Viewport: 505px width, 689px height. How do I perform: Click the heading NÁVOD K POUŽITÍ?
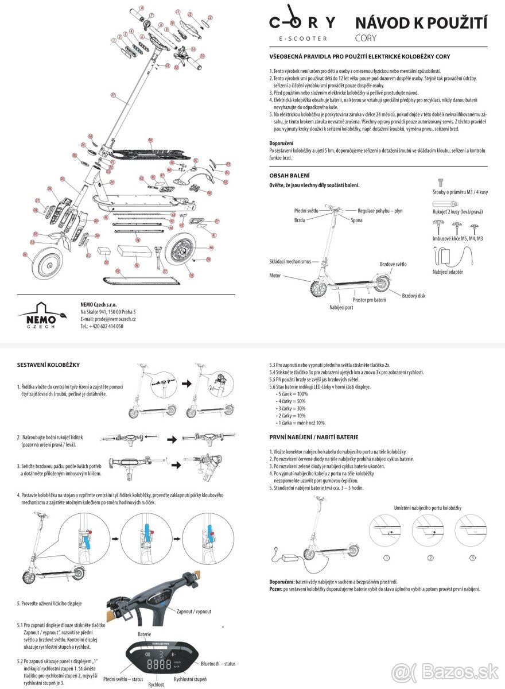pyautogui.click(x=421, y=23)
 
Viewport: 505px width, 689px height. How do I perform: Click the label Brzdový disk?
pyautogui.click(x=413, y=296)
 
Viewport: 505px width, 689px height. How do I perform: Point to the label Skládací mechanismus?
pyautogui.click(x=290, y=261)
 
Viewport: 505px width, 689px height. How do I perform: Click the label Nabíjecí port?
pyautogui.click(x=341, y=307)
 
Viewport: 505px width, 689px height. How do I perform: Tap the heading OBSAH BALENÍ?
pyautogui.click(x=290, y=175)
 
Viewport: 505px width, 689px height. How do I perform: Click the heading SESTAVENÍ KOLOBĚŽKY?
pyautogui.click(x=48, y=365)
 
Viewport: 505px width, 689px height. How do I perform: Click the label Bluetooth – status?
pyautogui.click(x=218, y=664)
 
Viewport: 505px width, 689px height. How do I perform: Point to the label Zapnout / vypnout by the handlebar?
pyautogui.click(x=194, y=611)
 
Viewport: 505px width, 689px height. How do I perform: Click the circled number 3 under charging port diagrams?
pyautogui.click(x=472, y=558)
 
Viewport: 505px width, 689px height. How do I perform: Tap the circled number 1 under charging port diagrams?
pyautogui.click(x=387, y=558)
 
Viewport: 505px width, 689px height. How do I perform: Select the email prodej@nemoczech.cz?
pyautogui.click(x=108, y=319)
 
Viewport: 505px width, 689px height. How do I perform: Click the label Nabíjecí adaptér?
pyautogui.click(x=448, y=272)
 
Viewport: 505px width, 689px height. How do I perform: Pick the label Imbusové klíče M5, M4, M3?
pyautogui.click(x=457, y=238)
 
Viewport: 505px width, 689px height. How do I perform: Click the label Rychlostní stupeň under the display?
pyautogui.click(x=191, y=679)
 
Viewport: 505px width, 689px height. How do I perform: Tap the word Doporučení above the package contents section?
pyautogui.click(x=282, y=143)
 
